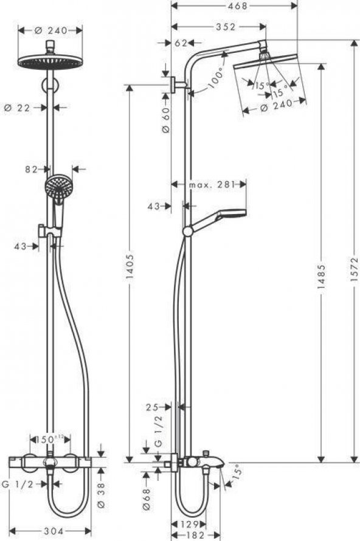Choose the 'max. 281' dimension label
click(x=209, y=184)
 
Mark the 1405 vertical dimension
click(x=130, y=272)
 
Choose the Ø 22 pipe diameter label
click(x=16, y=107)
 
